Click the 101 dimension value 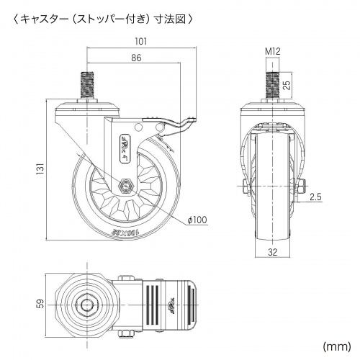pos(141,42)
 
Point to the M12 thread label pos(273,51)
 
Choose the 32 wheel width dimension pos(273,253)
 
